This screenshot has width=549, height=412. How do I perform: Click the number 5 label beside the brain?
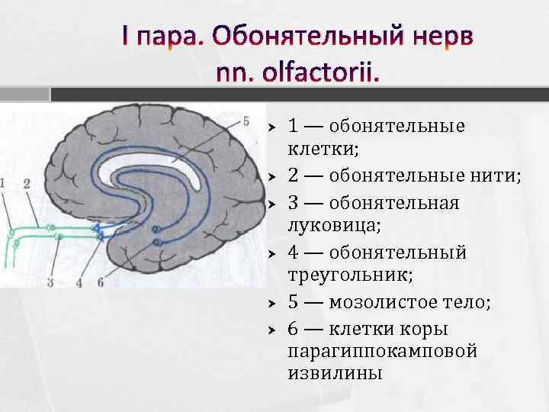point(246,121)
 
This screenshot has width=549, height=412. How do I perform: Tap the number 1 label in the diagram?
point(4,183)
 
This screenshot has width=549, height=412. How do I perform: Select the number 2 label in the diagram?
point(27,183)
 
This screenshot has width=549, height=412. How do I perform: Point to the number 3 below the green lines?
point(50,282)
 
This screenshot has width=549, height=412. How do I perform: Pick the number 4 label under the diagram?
point(79,282)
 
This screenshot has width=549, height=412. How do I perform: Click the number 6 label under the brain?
point(100,282)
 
